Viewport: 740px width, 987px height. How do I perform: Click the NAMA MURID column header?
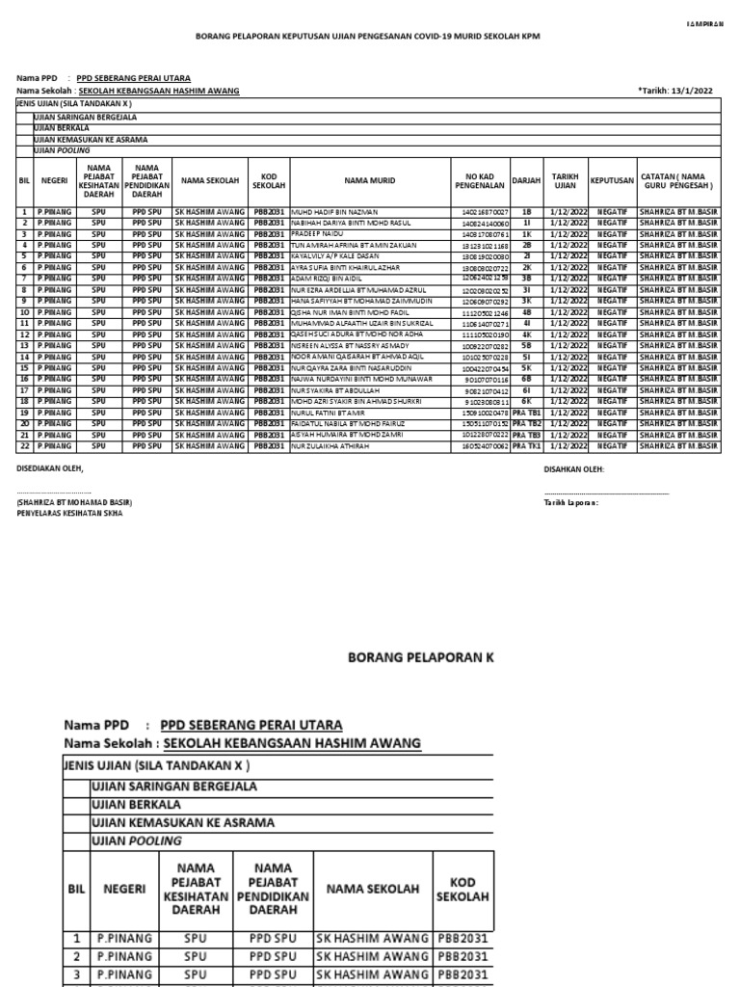pyautogui.click(x=370, y=180)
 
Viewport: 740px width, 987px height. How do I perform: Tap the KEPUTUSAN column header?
pyautogui.click(x=612, y=180)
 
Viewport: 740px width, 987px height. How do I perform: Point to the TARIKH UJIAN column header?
pyautogui.click(x=565, y=180)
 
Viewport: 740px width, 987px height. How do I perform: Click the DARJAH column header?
pyautogui.click(x=526, y=180)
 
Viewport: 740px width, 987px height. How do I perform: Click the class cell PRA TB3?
pyautogui.click(x=526, y=436)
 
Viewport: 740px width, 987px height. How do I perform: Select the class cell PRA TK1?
pyautogui.click(x=526, y=447)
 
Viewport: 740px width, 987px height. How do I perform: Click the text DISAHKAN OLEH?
pyautogui.click(x=574, y=469)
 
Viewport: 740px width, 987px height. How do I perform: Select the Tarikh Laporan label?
pyautogui.click(x=570, y=503)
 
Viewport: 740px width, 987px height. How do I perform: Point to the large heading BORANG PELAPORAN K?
pyautogui.click(x=420, y=657)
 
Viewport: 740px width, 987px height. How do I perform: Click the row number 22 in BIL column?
pyautogui.click(x=24, y=447)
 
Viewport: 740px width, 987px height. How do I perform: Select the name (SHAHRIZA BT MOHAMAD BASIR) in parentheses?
pyautogui.click(x=74, y=503)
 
